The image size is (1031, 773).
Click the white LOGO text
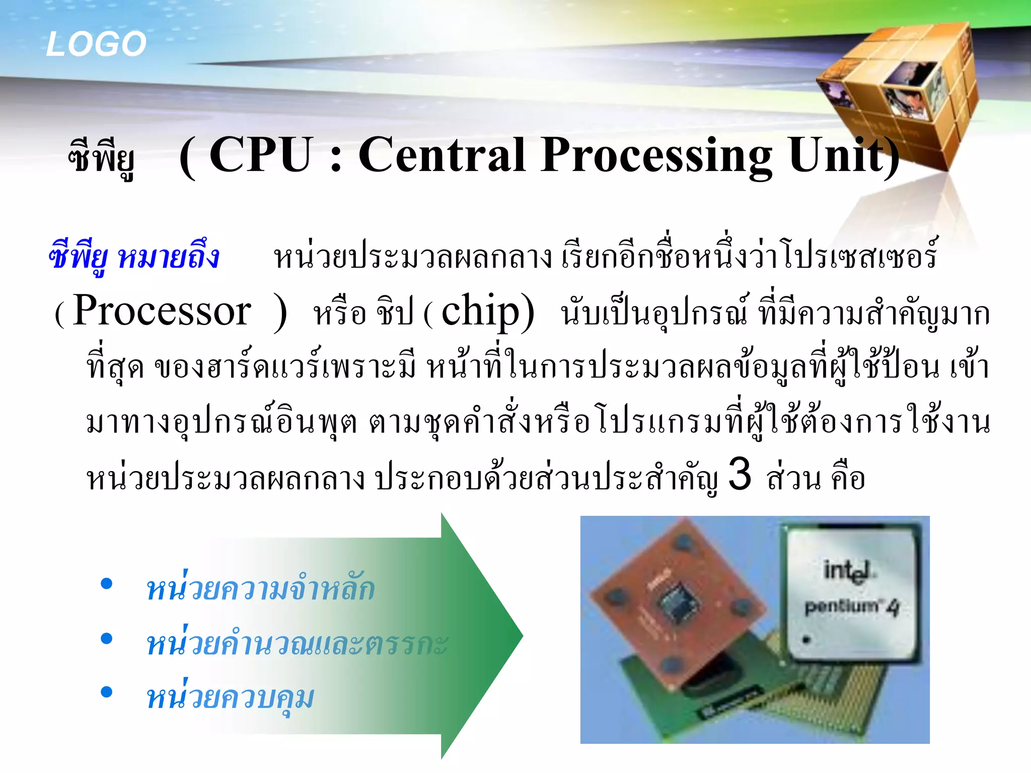[96, 44]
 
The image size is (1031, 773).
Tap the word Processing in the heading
[656, 156]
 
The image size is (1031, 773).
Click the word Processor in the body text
[162, 311]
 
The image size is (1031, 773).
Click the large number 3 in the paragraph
[740, 474]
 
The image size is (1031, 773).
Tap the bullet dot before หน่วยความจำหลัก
[106, 584]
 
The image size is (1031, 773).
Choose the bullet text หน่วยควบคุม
[230, 698]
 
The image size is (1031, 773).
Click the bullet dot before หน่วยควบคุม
[106, 692]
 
